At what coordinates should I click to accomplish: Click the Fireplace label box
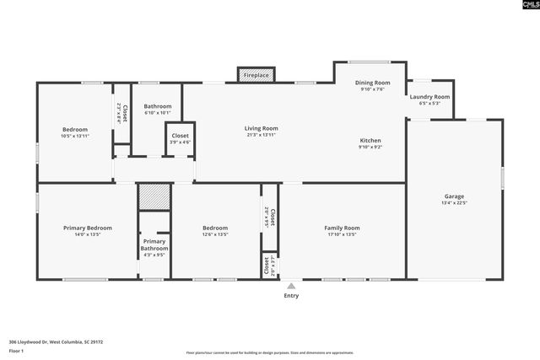256,75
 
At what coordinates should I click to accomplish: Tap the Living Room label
261,129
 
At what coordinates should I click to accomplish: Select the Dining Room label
372,83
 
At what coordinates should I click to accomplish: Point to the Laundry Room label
429,97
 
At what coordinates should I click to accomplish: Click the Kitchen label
370,140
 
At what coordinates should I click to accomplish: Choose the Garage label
454,196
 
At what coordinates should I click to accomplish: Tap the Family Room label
342,228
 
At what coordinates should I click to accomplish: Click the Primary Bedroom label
88,228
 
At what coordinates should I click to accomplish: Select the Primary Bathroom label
154,244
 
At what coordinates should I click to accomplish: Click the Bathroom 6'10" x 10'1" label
158,107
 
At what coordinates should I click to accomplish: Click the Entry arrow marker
291,286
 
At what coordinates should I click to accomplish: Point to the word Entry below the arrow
291,296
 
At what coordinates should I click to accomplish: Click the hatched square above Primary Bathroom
154,196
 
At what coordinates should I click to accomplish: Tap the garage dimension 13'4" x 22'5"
454,202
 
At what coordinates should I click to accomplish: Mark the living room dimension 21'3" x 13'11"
261,135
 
